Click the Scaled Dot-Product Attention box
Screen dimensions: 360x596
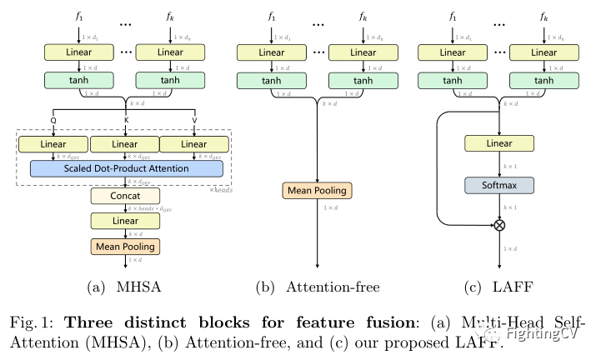click(128, 168)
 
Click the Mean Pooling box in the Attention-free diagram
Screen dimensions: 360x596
click(318, 191)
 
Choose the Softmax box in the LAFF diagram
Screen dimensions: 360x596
click(499, 183)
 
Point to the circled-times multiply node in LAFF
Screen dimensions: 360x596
click(499, 225)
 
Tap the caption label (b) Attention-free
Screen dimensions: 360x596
click(318, 287)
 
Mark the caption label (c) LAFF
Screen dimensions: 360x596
click(498, 287)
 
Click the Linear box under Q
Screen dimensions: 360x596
click(54, 144)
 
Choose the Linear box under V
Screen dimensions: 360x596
click(195, 144)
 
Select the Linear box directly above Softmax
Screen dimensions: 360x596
click(499, 144)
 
